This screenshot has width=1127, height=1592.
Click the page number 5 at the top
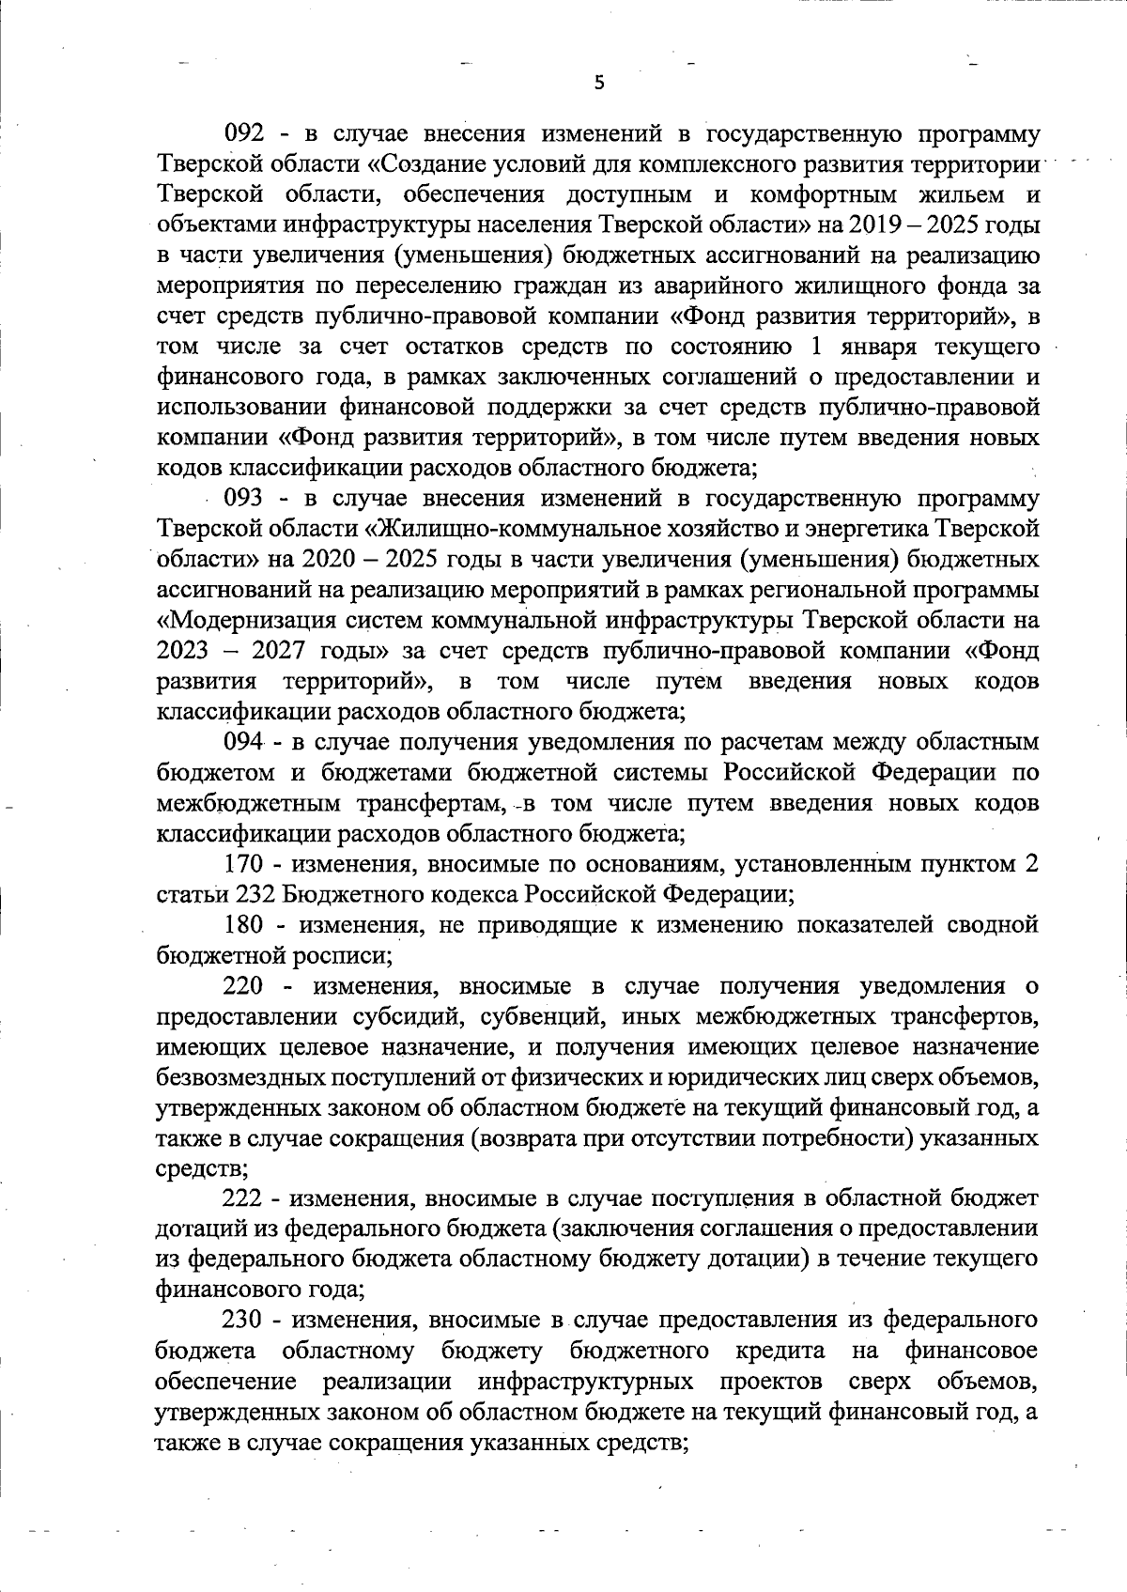click(599, 83)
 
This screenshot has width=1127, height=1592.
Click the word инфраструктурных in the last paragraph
click(585, 1383)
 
